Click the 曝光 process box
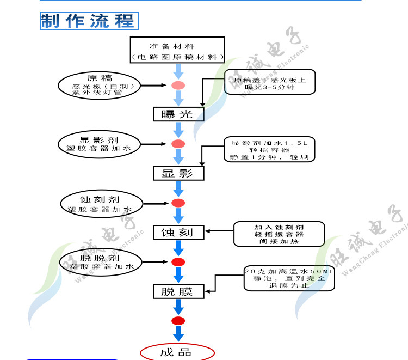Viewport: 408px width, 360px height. [178, 114]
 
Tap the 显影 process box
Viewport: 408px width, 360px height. [178, 173]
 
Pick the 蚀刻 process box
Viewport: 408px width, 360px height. [178, 233]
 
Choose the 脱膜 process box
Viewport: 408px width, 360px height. [178, 291]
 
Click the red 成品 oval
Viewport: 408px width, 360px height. [176, 352]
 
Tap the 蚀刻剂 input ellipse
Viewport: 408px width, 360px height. [100, 203]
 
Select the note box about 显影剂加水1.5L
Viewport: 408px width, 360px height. [269, 150]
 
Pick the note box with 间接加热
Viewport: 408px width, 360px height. [279, 234]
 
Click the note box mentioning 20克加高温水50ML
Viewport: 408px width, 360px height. [289, 278]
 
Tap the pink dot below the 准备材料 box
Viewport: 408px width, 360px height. [178, 85]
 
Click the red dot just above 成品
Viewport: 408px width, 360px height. [178, 320]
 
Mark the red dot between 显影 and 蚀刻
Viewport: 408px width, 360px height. [178, 203]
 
